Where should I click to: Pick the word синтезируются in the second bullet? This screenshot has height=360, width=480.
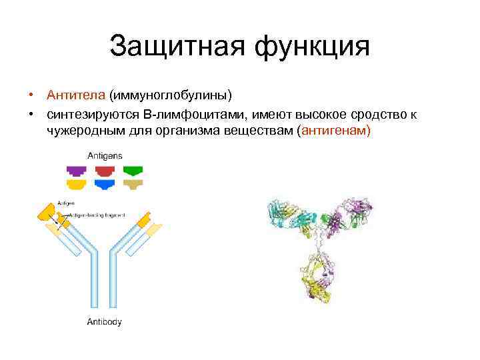click(89, 115)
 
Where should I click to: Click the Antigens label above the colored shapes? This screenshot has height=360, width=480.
click(105, 155)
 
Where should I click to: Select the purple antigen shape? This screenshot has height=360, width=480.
click(76, 170)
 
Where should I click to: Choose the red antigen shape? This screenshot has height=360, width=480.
click(105, 170)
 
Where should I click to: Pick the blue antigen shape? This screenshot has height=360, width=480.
click(105, 184)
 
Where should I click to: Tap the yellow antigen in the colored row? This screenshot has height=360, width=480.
click(76, 184)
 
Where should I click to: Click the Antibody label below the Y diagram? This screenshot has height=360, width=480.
click(105, 322)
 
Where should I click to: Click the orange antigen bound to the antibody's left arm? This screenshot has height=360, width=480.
click(48, 213)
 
